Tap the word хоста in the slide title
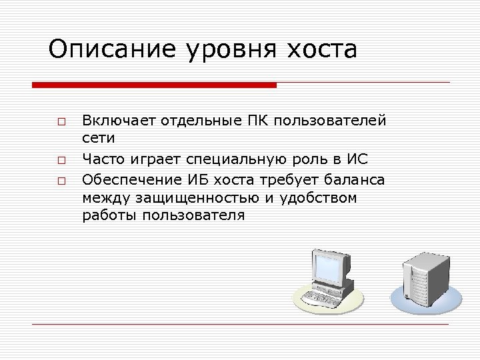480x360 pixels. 322,49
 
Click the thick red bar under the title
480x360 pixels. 154,85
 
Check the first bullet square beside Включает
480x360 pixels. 61,122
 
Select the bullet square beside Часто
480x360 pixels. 61,161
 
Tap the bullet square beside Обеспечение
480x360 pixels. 61,180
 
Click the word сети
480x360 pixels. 99,139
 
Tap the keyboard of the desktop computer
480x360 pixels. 318,295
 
